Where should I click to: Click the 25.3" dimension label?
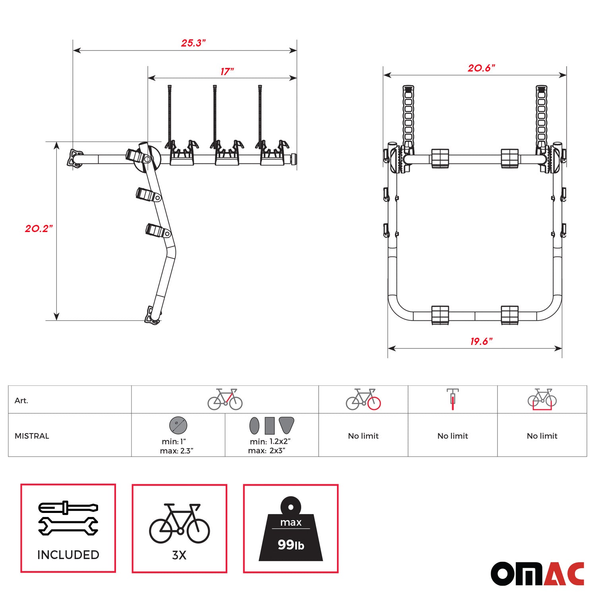pos(193,43)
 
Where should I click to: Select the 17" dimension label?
pos(227,72)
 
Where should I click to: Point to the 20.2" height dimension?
pos(39,228)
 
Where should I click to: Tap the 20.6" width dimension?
pos(481,68)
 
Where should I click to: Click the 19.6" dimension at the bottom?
pos(481,341)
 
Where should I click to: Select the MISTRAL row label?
pos(32,436)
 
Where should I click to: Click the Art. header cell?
pos(21,401)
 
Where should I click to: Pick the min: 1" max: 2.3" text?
pos(176,446)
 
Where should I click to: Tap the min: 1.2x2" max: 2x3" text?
pos(269,446)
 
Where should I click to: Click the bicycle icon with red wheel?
pos(363,399)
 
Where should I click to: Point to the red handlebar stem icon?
pos(453,399)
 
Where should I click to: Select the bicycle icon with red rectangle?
pos(542,399)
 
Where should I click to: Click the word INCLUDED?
pos(68,555)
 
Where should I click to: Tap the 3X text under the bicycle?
pos(179,555)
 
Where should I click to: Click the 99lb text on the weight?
pos(291,545)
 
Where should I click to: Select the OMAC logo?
pos(537,573)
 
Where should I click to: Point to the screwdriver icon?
pos(68,507)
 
